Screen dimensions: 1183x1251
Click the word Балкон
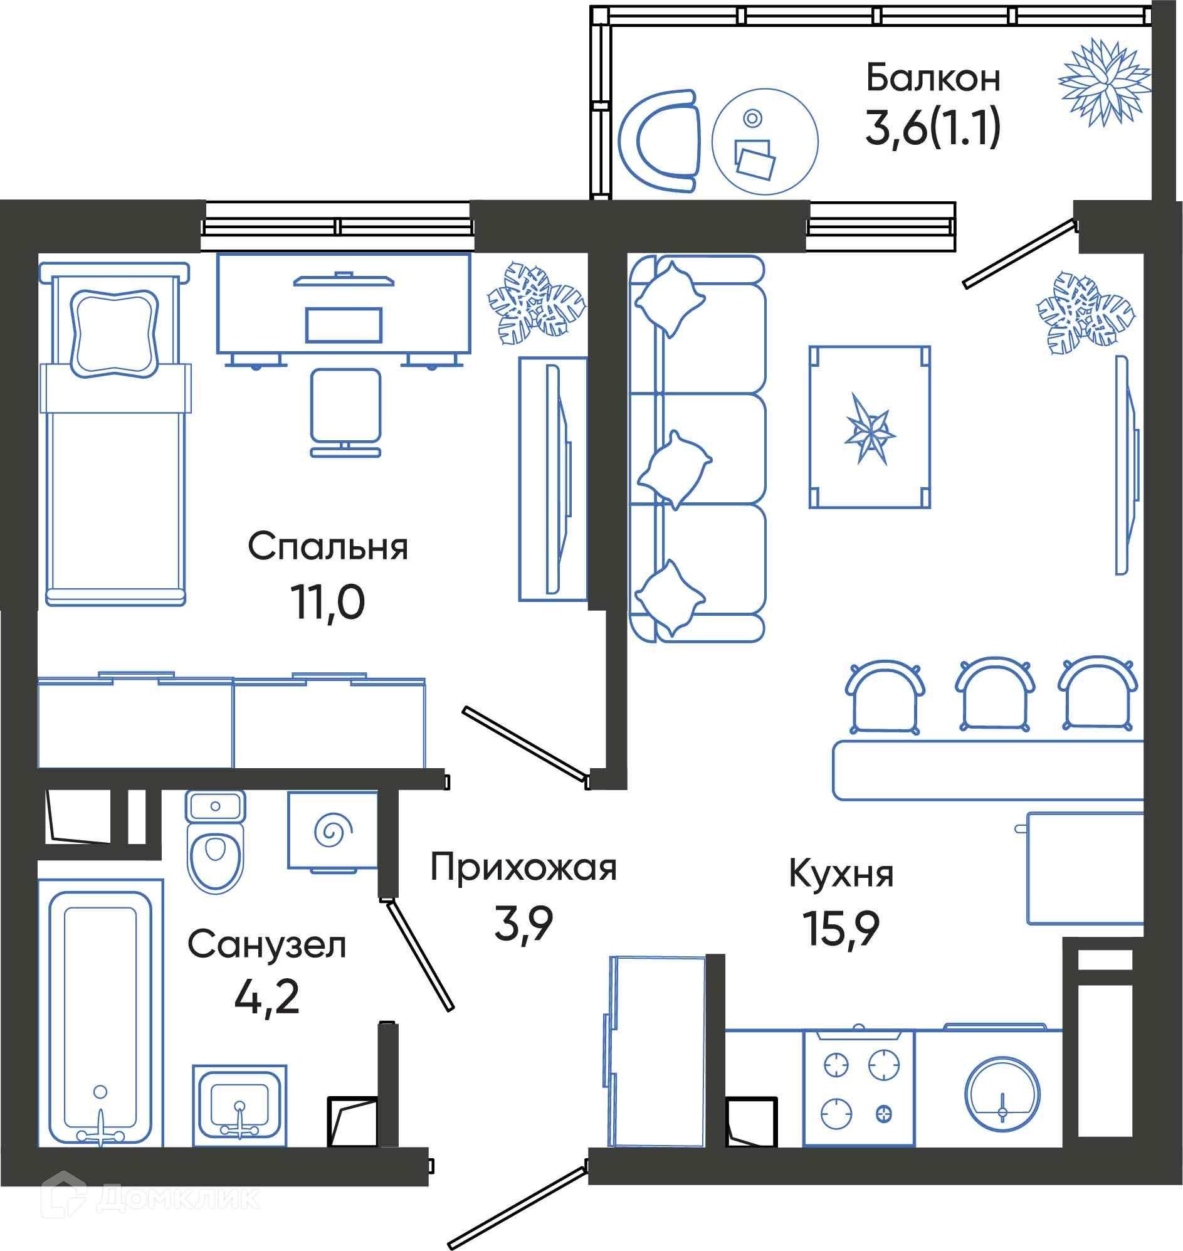click(933, 78)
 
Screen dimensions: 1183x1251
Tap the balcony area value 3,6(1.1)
click(933, 127)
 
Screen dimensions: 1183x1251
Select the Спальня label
click(328, 546)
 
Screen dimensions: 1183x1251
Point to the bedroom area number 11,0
click(327, 603)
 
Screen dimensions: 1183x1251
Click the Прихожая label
click(523, 867)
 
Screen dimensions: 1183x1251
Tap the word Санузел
click(266, 945)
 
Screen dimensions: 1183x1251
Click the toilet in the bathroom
click(216, 842)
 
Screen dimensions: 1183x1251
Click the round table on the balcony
click(765, 141)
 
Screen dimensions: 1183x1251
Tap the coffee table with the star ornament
click(870, 427)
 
